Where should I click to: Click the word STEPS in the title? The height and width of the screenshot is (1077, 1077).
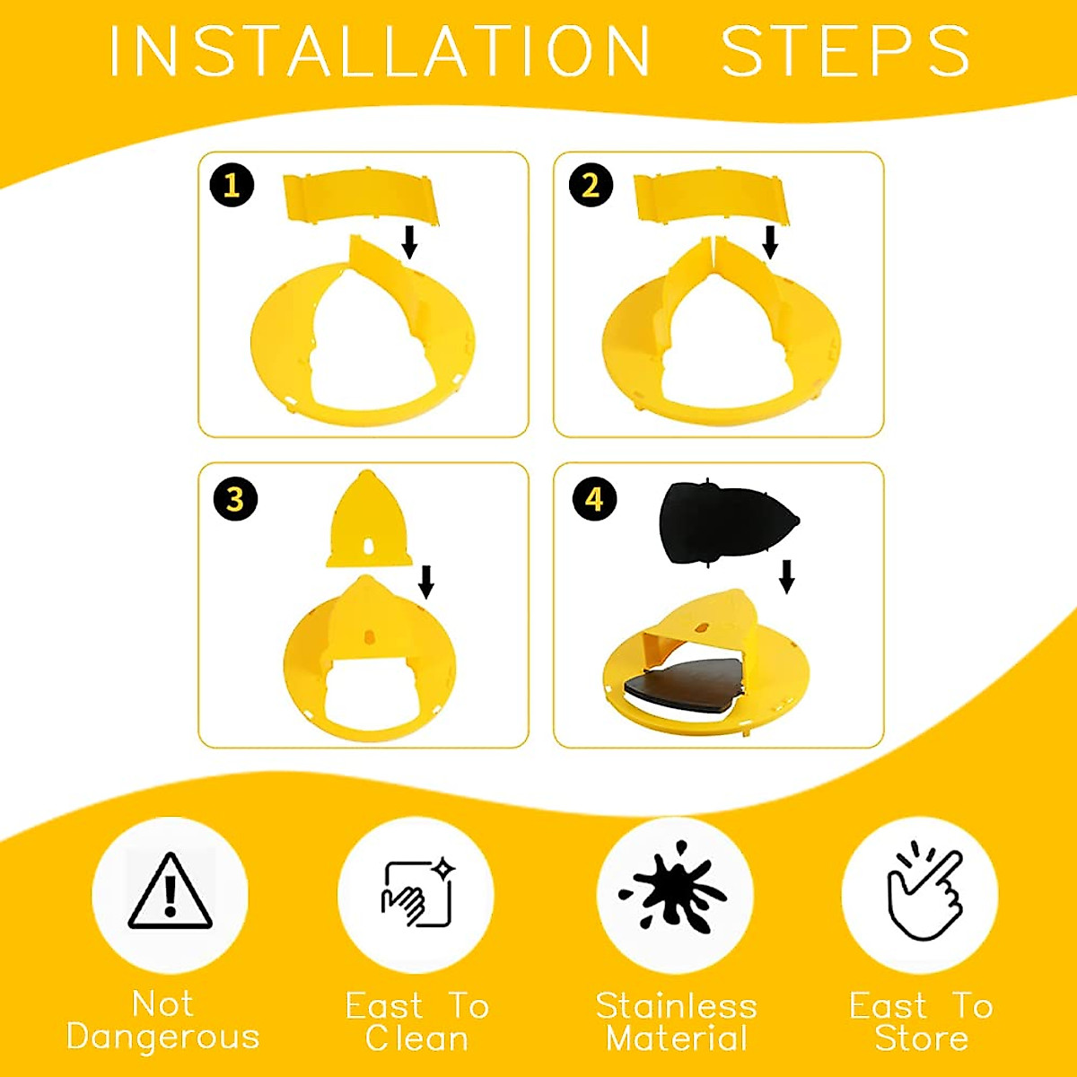[845, 51]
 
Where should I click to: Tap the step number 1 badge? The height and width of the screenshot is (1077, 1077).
[232, 185]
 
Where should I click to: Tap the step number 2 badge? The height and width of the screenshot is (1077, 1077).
[591, 185]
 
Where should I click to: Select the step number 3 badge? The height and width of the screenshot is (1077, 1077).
[235, 499]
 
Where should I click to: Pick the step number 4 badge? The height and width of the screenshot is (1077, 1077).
[594, 499]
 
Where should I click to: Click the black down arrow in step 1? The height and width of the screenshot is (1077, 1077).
[409, 241]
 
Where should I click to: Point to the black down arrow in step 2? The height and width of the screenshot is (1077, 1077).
[769, 241]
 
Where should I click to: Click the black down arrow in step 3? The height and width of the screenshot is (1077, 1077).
[426, 581]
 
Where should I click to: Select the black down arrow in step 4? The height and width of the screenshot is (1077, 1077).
[786, 576]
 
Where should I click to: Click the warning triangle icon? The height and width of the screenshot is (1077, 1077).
[170, 893]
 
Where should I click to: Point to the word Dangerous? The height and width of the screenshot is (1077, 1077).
[163, 1037]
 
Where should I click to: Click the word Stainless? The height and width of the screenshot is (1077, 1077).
[677, 1006]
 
